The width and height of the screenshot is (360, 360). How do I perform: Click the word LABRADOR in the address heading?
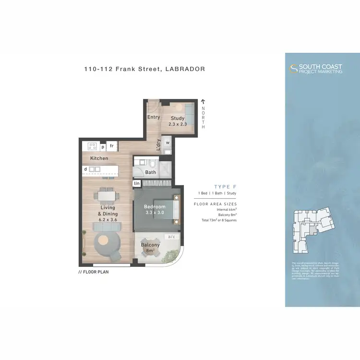[x=185, y=69]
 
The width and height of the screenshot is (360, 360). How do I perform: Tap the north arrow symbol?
[x=203, y=101]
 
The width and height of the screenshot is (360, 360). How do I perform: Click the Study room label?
[x=177, y=119]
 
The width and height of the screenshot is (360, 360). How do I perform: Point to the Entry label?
[x=154, y=117]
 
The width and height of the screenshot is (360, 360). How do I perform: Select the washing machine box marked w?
[x=168, y=143]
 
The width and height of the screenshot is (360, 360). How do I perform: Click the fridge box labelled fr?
[x=112, y=146]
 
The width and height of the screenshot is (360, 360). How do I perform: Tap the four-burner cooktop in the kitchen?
[x=91, y=146]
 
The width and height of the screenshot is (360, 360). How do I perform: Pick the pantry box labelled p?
[x=102, y=146]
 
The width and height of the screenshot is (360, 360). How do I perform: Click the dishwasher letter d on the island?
[x=85, y=169]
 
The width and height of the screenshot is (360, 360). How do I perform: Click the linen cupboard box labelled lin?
[x=137, y=183]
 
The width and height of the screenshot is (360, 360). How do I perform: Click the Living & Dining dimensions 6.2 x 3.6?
[x=108, y=220]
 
